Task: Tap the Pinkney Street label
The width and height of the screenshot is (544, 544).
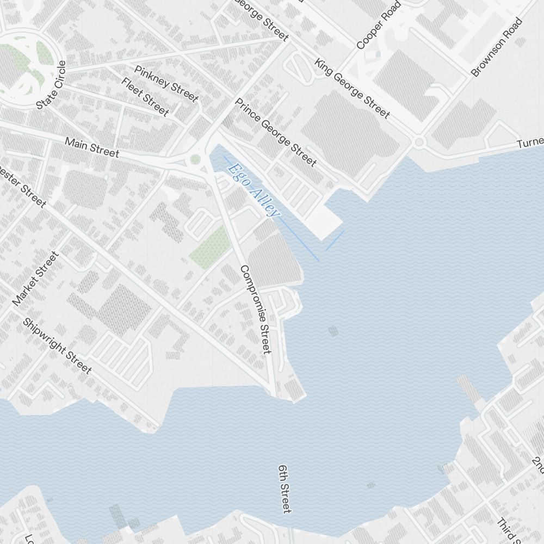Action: [x=166, y=83]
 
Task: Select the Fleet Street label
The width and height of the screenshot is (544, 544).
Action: [x=145, y=96]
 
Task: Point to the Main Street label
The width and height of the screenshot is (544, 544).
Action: [x=91, y=147]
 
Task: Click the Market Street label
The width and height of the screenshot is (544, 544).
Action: [x=35, y=279]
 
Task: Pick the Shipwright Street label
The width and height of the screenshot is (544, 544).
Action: [x=57, y=345]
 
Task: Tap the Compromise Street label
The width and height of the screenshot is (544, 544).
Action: [x=255, y=309]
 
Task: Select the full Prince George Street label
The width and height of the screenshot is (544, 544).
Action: [x=275, y=133]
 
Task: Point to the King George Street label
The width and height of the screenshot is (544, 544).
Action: [x=352, y=89]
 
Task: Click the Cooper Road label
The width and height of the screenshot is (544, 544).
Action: [x=379, y=25]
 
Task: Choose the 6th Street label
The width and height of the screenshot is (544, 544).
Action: [x=285, y=489]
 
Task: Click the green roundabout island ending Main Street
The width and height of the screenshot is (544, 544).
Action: [x=195, y=159]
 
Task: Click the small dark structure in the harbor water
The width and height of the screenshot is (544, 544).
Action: [x=333, y=330]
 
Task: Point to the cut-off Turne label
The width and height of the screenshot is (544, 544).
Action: [x=530, y=143]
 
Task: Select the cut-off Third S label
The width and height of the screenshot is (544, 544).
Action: [x=509, y=530]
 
